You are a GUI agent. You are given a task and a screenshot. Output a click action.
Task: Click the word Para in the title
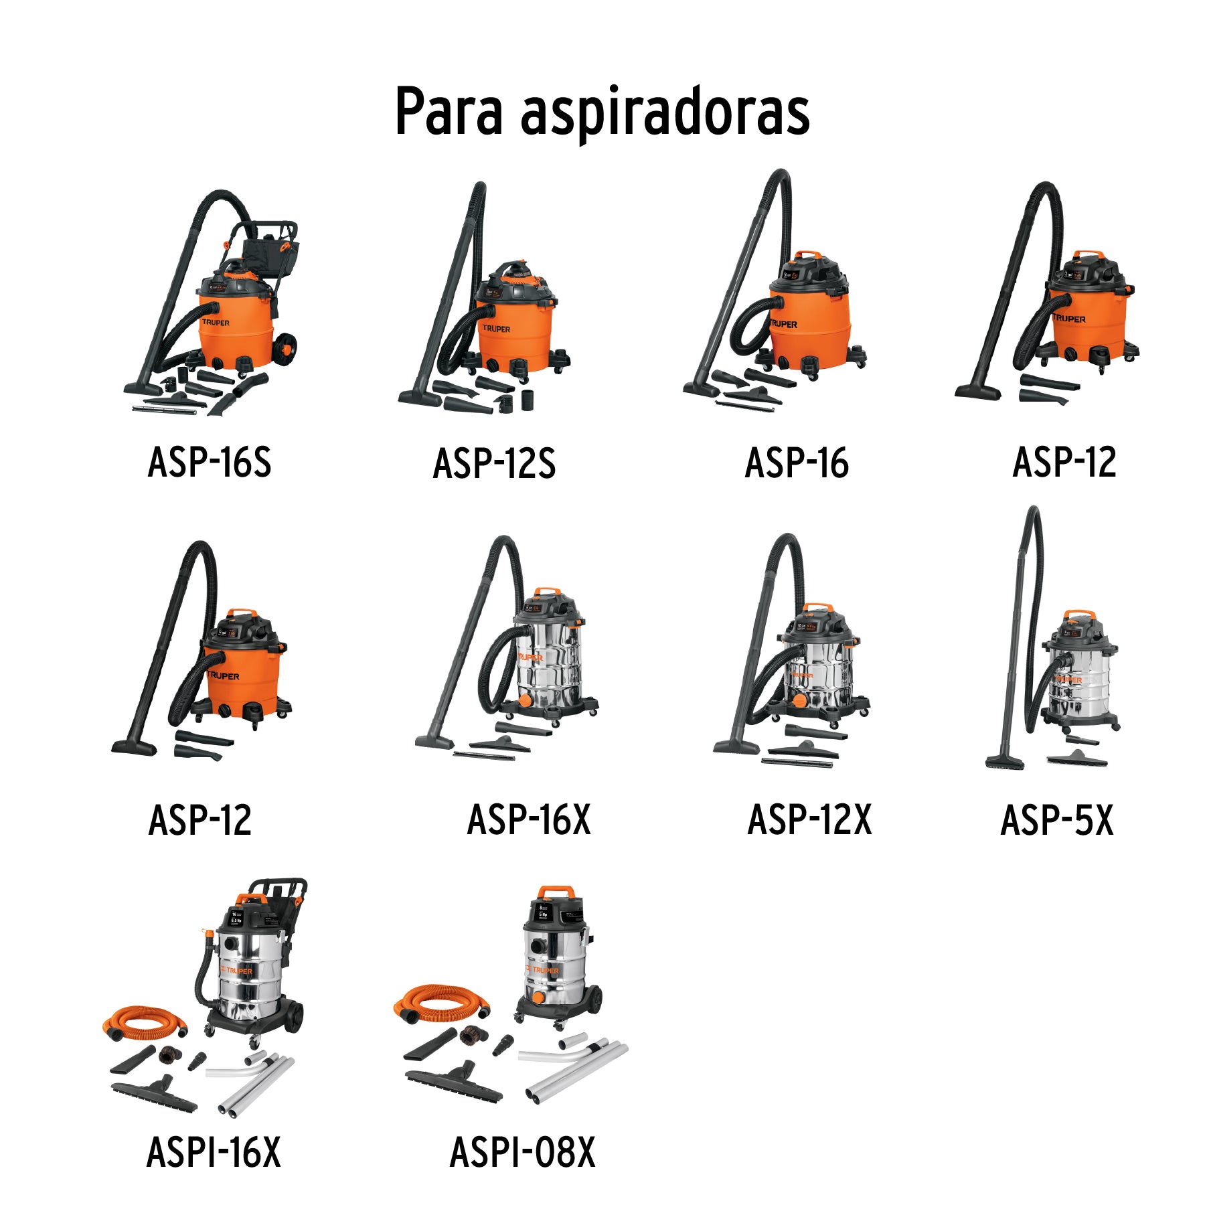(x=448, y=112)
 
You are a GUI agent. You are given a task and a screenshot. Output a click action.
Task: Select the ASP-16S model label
(x=210, y=462)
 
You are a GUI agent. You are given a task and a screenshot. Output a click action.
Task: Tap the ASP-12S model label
(x=494, y=463)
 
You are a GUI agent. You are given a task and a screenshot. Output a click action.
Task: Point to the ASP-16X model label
(x=529, y=819)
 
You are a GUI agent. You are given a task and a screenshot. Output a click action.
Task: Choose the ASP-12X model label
(x=809, y=819)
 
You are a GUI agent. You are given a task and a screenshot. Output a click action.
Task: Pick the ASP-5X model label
(x=1056, y=819)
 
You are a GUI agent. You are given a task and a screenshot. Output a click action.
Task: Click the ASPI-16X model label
(x=214, y=1152)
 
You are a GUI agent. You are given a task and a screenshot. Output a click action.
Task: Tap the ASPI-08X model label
(x=522, y=1152)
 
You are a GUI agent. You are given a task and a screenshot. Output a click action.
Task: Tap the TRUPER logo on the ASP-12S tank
(x=496, y=329)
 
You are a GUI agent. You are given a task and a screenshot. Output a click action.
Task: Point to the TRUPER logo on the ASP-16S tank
(x=216, y=323)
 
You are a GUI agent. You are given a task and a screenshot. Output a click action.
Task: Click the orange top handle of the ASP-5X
(x=1078, y=614)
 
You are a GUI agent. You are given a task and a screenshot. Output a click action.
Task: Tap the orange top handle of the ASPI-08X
(x=556, y=891)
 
